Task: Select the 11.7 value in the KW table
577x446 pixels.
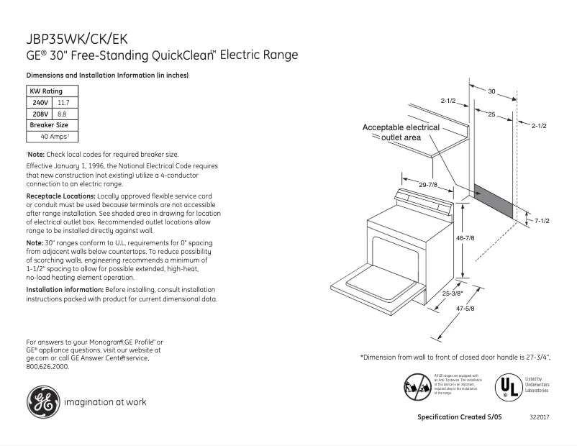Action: click(63, 103)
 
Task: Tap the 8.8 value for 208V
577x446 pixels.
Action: click(62, 114)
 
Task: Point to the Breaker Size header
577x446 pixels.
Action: click(47, 124)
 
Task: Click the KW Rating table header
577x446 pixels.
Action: click(45, 91)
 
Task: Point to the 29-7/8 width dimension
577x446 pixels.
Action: click(429, 186)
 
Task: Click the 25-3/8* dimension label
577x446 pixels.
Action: click(453, 293)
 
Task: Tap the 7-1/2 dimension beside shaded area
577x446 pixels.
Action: click(541, 220)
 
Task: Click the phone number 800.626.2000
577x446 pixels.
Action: click(47, 366)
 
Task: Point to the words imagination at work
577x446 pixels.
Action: click(105, 402)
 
